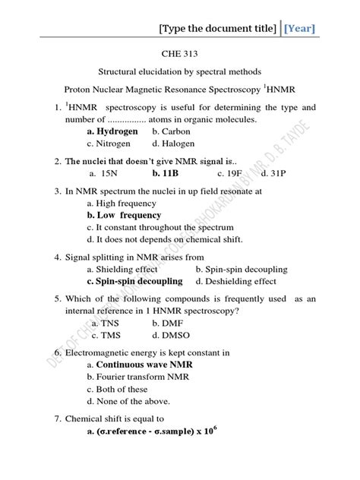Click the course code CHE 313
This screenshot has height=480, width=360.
[x=180, y=55]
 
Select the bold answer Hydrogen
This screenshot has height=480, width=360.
[x=118, y=131]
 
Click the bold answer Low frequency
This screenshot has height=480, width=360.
[x=125, y=215]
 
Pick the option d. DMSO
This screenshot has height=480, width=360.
[x=172, y=335]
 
